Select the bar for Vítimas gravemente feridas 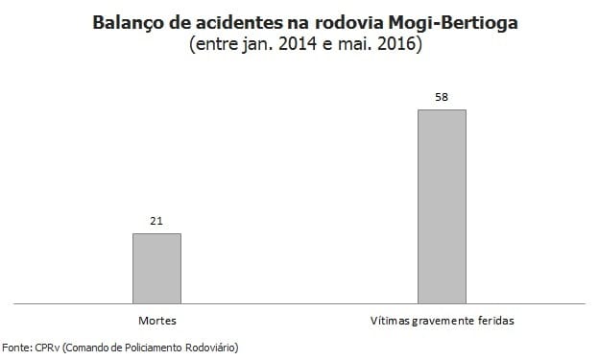[x=442, y=206]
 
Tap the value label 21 [x=156, y=222]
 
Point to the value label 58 [x=442, y=98]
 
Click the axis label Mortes [x=156, y=320]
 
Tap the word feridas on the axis [x=496, y=320]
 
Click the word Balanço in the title [x=130, y=20]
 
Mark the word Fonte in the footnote [x=16, y=348]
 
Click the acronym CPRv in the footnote [x=45, y=348]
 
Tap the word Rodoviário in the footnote [x=208, y=348]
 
